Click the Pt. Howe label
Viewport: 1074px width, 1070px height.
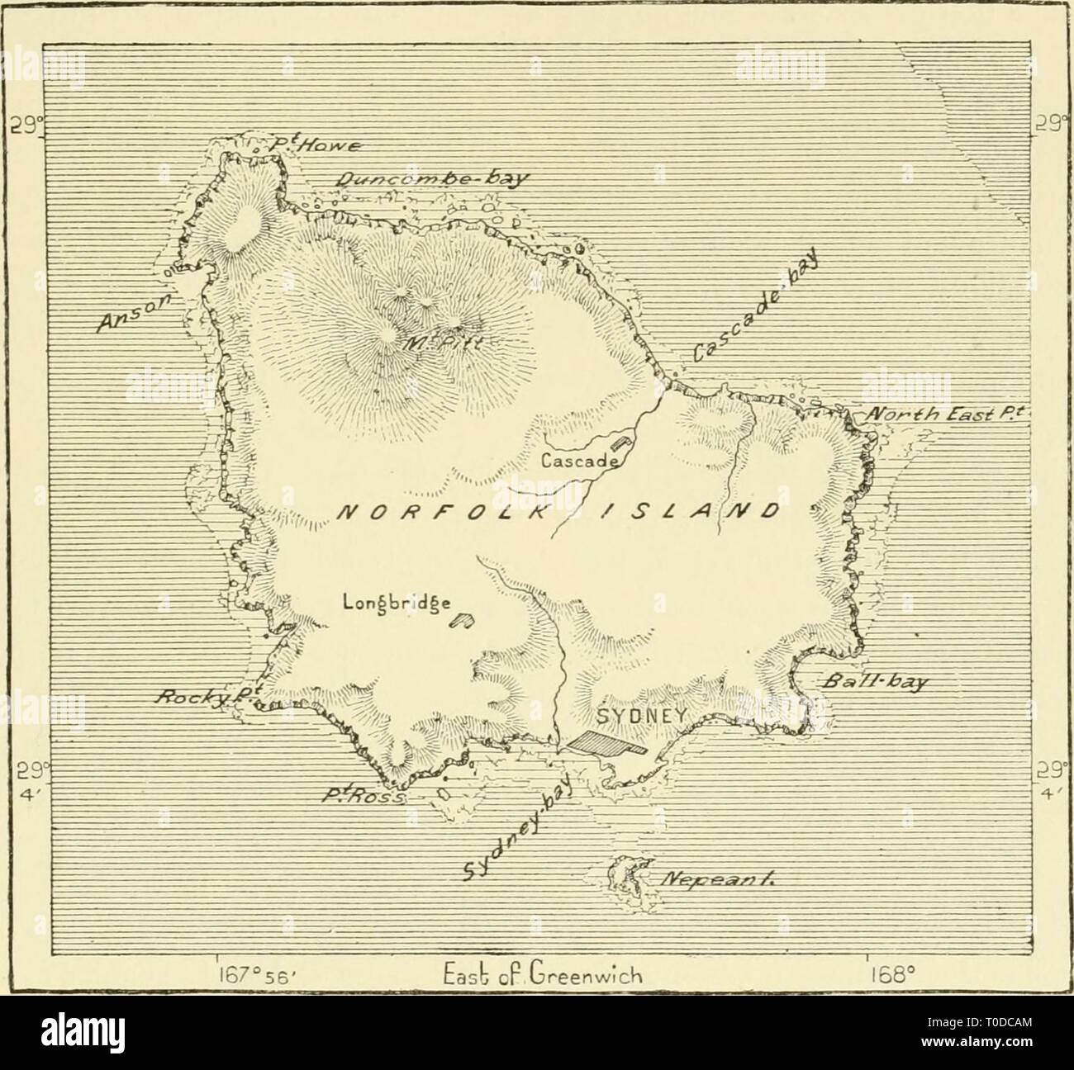point(307,147)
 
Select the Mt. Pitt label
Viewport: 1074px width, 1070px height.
point(430,343)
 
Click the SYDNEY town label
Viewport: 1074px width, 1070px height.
point(640,714)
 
